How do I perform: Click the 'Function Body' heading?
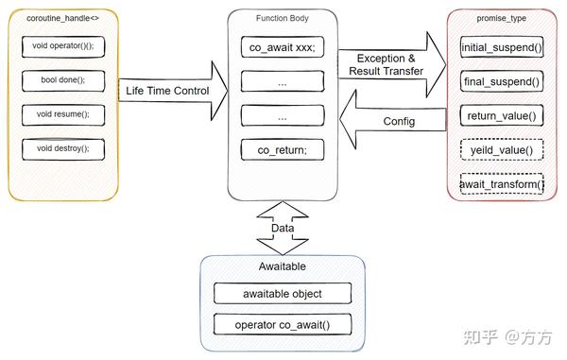282,17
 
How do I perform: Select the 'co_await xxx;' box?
282,47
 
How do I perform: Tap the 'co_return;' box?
282,149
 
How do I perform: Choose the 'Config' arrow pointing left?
392,121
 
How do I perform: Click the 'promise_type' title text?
502,18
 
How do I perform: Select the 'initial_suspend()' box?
502,46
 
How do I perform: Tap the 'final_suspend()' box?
502,81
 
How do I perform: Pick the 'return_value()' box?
502,115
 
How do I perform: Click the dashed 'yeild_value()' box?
502,150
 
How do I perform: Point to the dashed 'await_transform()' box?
502,184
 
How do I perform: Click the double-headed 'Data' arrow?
283,228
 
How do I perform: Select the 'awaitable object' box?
282,293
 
